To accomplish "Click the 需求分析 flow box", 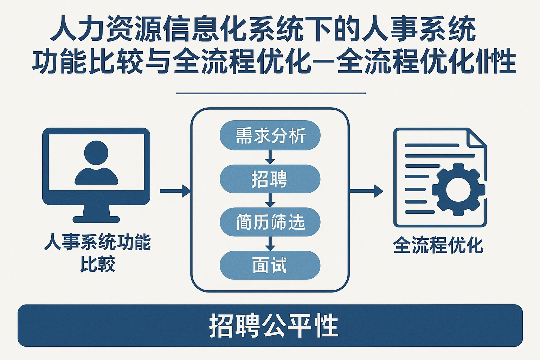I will (270, 135).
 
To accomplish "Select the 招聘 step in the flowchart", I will (270, 179).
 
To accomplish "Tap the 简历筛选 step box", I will (270, 222).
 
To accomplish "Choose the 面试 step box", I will (270, 265).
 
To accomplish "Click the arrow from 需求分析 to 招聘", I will (270, 157).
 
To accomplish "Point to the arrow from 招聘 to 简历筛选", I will (270, 200).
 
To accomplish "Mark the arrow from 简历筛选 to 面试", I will (270, 244).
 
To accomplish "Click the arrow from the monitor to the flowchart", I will (175, 191).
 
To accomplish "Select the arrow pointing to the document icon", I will (366, 191).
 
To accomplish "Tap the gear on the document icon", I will (458, 189).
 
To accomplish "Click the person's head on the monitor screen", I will (96, 153).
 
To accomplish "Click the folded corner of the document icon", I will (476, 138).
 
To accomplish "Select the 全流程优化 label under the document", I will (438, 245).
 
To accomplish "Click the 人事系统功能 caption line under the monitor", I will (97, 242).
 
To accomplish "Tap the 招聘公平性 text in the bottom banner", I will (274, 326).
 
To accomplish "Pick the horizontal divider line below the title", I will (271, 94).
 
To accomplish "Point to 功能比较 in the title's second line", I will (88, 62).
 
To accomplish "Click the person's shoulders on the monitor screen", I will (96, 176).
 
